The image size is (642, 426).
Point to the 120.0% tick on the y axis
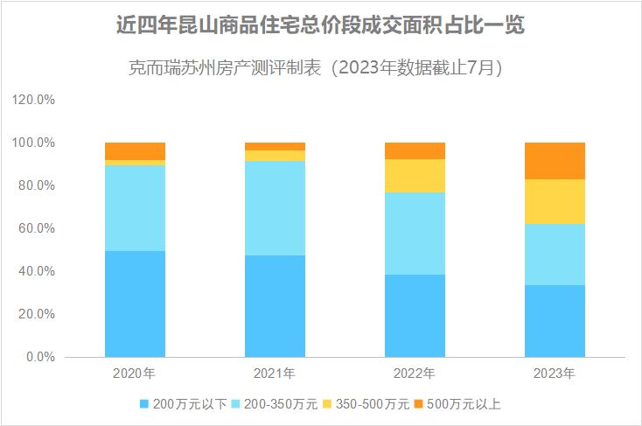click(x=34, y=100)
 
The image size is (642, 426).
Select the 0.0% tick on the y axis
click(x=40, y=357)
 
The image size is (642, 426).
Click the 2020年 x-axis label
click(x=135, y=374)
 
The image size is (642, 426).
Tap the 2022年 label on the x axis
click(x=415, y=374)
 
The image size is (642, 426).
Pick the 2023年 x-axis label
click(x=555, y=374)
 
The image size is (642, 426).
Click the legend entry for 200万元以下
click(x=184, y=403)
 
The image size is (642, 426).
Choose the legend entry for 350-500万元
click(x=366, y=403)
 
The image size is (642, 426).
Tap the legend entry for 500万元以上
click(x=457, y=403)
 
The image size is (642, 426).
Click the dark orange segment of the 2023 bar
click(x=555, y=161)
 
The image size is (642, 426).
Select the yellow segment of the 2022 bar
click(x=415, y=176)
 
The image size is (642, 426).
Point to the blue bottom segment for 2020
click(x=135, y=304)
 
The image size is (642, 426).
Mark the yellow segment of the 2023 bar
click(x=555, y=201)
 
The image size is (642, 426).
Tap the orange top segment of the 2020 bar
click(x=135, y=151)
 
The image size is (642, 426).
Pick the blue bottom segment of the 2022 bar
click(x=415, y=316)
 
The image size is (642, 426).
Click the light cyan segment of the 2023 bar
click(x=555, y=255)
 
